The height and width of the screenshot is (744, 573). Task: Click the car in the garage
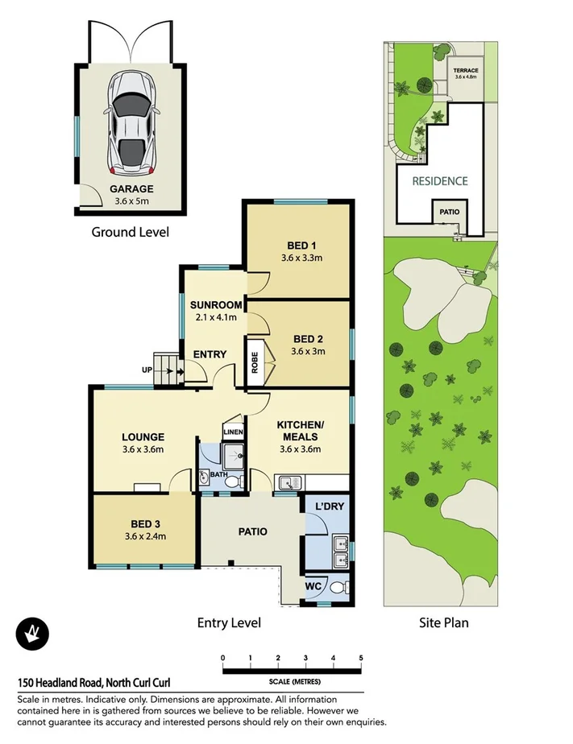pos(129,122)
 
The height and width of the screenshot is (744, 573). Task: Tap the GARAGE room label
pos(131,189)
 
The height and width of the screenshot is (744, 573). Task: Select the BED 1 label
pos(301,246)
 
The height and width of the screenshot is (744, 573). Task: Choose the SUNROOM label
pos(215,305)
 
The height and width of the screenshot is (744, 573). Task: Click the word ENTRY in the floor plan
pos(210,354)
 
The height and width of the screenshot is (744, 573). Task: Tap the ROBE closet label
pos(255,360)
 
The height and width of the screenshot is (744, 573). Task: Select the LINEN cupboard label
pos(233,432)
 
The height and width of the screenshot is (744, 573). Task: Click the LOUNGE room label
pos(144,437)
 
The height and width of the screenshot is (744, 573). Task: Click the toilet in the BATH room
pos(233,482)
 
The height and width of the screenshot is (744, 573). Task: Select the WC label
pos(313,586)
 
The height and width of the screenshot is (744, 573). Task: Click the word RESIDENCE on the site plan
pos(439,181)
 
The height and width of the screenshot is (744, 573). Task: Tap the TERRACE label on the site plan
pos(466,71)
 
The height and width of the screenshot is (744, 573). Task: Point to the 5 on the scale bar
pos(361,658)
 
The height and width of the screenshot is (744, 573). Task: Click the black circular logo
pos(32,633)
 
